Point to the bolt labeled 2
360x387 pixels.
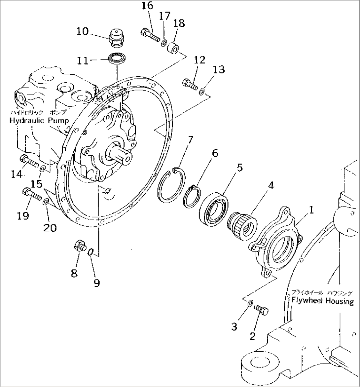(261, 310)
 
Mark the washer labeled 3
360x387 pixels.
(250, 302)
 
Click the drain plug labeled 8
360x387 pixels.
(80, 246)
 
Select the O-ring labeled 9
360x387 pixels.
(91, 253)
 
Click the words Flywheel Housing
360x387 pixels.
(322, 301)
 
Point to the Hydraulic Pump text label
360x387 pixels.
(39, 121)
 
